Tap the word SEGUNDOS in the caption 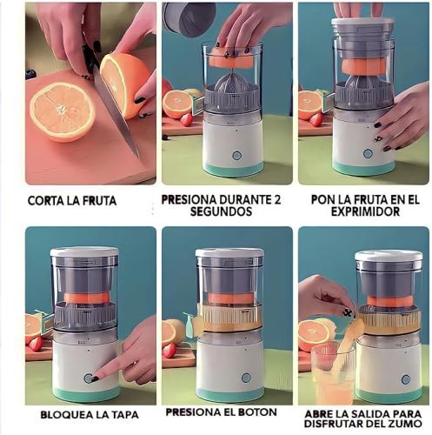221,211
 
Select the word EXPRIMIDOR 365,211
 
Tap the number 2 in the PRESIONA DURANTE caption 277,200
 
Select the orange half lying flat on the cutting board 63,112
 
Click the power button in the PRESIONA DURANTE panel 236,156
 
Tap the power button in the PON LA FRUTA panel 368,154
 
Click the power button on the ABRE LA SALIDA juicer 406,379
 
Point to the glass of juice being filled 333,374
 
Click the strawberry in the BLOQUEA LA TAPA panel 36,344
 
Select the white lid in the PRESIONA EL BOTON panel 229,252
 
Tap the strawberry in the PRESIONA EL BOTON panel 169,351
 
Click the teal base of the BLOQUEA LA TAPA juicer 86,394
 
